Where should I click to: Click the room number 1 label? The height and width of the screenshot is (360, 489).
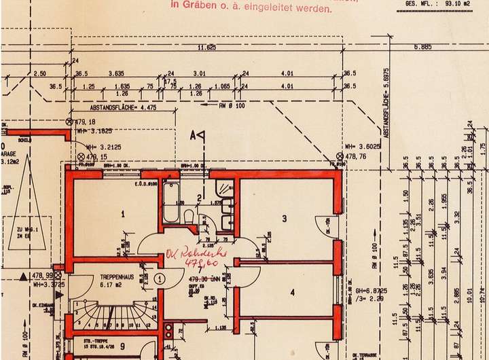tap(123, 213)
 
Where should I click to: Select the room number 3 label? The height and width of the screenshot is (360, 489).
tap(285, 218)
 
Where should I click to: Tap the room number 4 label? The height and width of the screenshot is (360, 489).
tap(292, 293)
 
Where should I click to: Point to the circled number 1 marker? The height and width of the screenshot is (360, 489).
tap(158, 278)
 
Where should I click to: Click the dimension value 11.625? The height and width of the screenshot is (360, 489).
tap(206, 48)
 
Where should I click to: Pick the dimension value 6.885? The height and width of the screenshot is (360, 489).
tap(423, 47)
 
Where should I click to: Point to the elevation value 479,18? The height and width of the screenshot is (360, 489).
tap(85, 121)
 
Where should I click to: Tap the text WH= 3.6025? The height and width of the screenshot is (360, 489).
tap(360, 146)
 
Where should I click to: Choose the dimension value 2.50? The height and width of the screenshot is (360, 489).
tap(39, 73)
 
